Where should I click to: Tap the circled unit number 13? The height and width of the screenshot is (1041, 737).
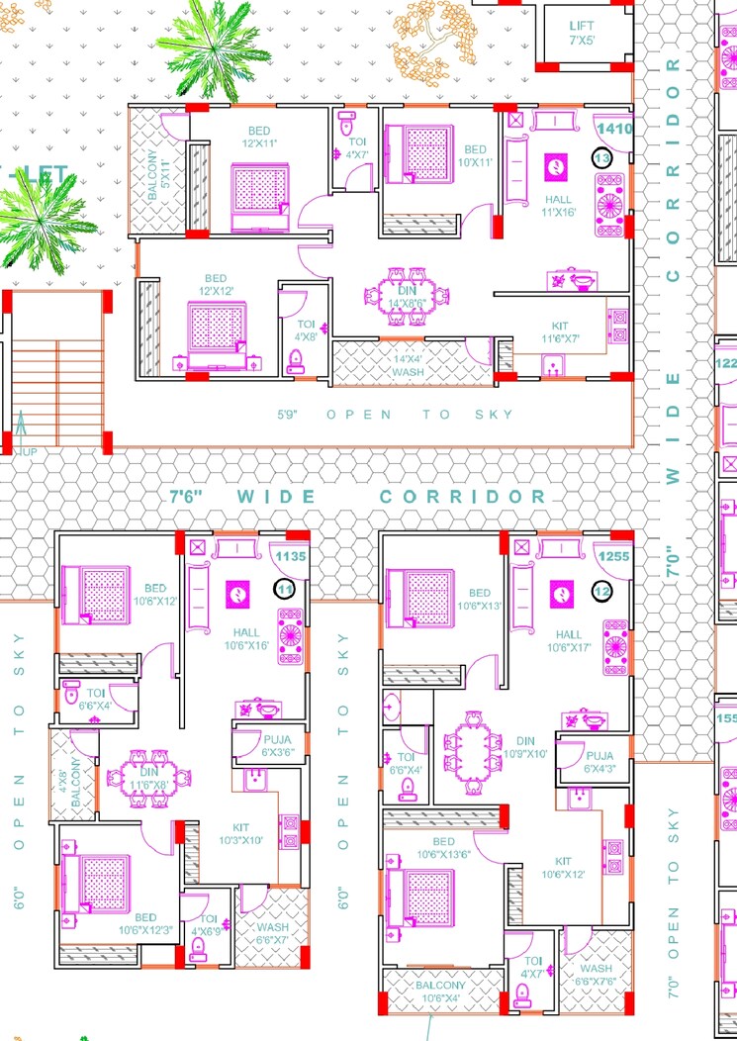point(601,157)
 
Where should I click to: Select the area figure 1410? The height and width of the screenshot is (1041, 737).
point(613,128)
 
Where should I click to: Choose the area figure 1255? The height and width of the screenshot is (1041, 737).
point(613,557)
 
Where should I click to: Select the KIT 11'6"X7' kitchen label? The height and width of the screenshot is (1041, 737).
point(561,332)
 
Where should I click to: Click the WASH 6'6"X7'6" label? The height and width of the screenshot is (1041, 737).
point(597,975)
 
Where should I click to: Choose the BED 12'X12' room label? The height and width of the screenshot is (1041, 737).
point(216,285)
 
